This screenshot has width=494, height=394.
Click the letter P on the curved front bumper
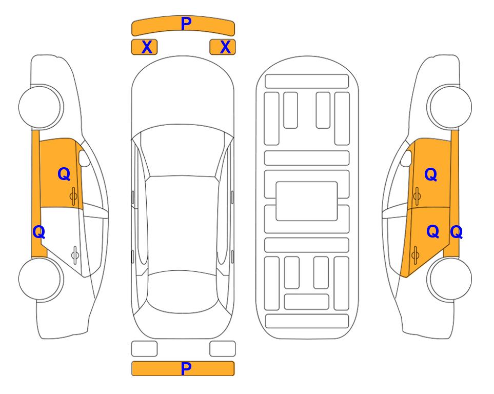(186, 24)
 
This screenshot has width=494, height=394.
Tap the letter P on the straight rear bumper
(186, 368)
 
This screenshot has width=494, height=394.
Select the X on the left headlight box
(147, 47)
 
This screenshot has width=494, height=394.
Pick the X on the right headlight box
(225, 47)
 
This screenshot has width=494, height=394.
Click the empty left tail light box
(144, 349)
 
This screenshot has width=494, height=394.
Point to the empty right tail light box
(223, 349)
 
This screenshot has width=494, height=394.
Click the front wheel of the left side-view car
(41, 107)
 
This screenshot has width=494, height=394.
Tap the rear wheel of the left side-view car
(41, 279)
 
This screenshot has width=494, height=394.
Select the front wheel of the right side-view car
(449, 107)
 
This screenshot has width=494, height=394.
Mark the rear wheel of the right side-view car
(449, 279)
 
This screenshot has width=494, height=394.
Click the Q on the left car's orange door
(64, 174)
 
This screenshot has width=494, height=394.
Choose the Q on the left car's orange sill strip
(39, 232)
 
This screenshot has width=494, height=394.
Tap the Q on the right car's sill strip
(456, 232)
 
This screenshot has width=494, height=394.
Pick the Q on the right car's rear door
(433, 232)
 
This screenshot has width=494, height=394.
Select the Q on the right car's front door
(431, 174)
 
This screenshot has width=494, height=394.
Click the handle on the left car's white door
(75, 254)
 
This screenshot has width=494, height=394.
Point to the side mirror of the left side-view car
(84, 158)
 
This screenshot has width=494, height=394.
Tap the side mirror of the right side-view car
(406, 158)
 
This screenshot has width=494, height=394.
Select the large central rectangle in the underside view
(307, 201)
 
